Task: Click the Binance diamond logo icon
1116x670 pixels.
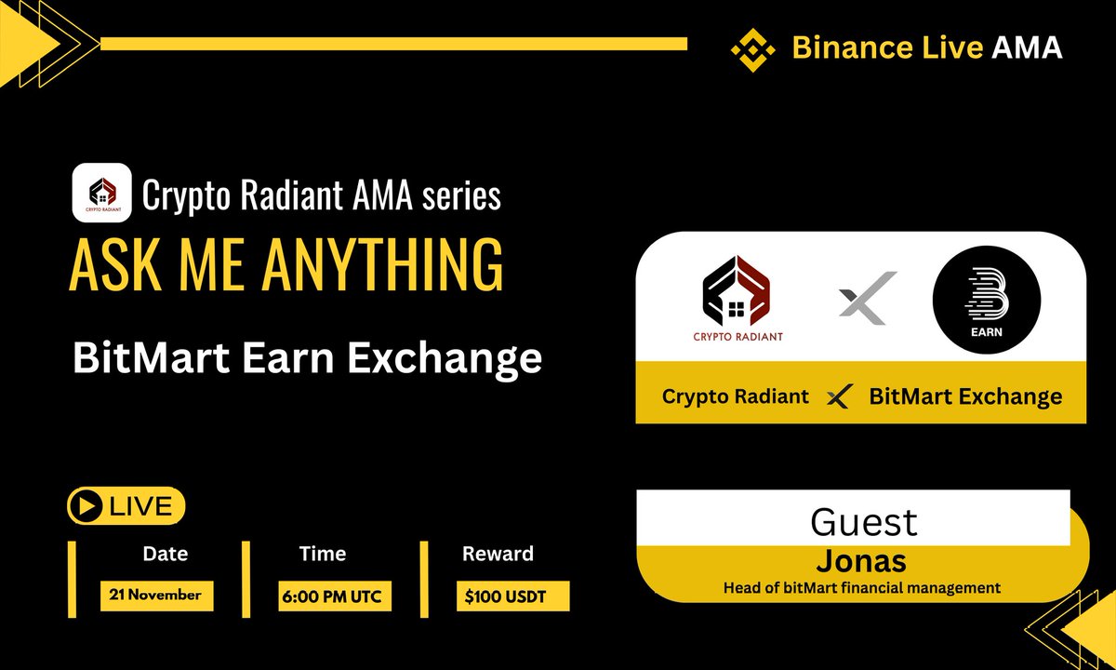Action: point(752,48)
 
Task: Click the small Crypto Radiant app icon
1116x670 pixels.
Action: point(101,193)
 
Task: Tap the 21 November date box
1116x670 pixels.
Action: point(156,596)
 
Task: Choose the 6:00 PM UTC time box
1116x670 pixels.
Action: point(335,596)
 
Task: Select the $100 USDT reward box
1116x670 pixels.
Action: point(512,596)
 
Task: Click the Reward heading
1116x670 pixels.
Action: point(498,554)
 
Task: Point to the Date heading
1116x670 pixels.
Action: point(165,554)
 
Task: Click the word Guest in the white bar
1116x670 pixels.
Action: point(864,521)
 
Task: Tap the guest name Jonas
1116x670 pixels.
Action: point(861,561)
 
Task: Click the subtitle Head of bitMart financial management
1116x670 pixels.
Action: point(862,587)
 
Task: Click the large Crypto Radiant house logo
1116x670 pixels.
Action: point(737,297)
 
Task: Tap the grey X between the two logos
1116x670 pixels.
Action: point(867,298)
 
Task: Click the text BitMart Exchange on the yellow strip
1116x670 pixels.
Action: point(965,396)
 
